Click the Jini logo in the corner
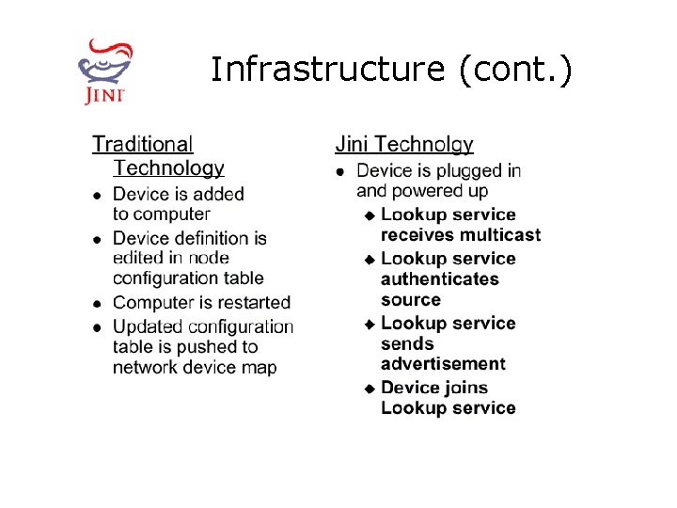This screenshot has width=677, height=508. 104,70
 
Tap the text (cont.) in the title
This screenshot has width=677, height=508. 515,71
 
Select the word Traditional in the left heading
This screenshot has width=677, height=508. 142,144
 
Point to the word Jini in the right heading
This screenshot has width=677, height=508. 351,144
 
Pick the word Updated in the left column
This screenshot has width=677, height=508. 149,326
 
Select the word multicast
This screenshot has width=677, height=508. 501,235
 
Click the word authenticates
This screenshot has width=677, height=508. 440,279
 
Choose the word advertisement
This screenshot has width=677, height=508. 443,364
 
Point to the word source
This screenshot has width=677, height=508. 411,300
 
